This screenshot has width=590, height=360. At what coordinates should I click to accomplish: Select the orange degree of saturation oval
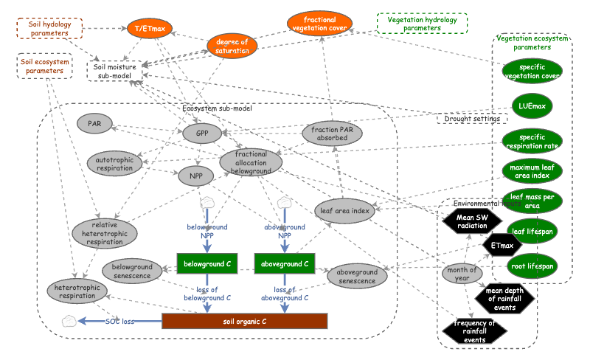pos(232,45)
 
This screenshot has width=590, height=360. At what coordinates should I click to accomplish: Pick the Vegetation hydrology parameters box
pos(421,24)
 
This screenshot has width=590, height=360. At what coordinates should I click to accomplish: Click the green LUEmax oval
pos(532,106)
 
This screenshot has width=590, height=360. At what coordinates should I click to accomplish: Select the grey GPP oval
pos(202,134)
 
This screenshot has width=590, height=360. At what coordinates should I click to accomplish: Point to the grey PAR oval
pos(94,123)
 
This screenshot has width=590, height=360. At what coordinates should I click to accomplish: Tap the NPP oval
pos(195,176)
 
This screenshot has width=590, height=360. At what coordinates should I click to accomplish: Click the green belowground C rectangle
pos(207,262)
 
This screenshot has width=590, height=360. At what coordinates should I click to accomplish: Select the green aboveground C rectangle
pos(285,262)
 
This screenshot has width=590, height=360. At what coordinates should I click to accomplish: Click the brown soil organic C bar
pos(243,321)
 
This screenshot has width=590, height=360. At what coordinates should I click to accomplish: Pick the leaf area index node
pos(343,211)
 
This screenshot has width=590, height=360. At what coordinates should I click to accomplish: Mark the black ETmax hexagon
pos(501,244)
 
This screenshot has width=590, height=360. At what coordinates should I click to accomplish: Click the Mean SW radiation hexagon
pos(472,221)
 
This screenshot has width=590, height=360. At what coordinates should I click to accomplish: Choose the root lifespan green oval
pos(532,265)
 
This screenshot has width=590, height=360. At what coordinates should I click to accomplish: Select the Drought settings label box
pos(472,118)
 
